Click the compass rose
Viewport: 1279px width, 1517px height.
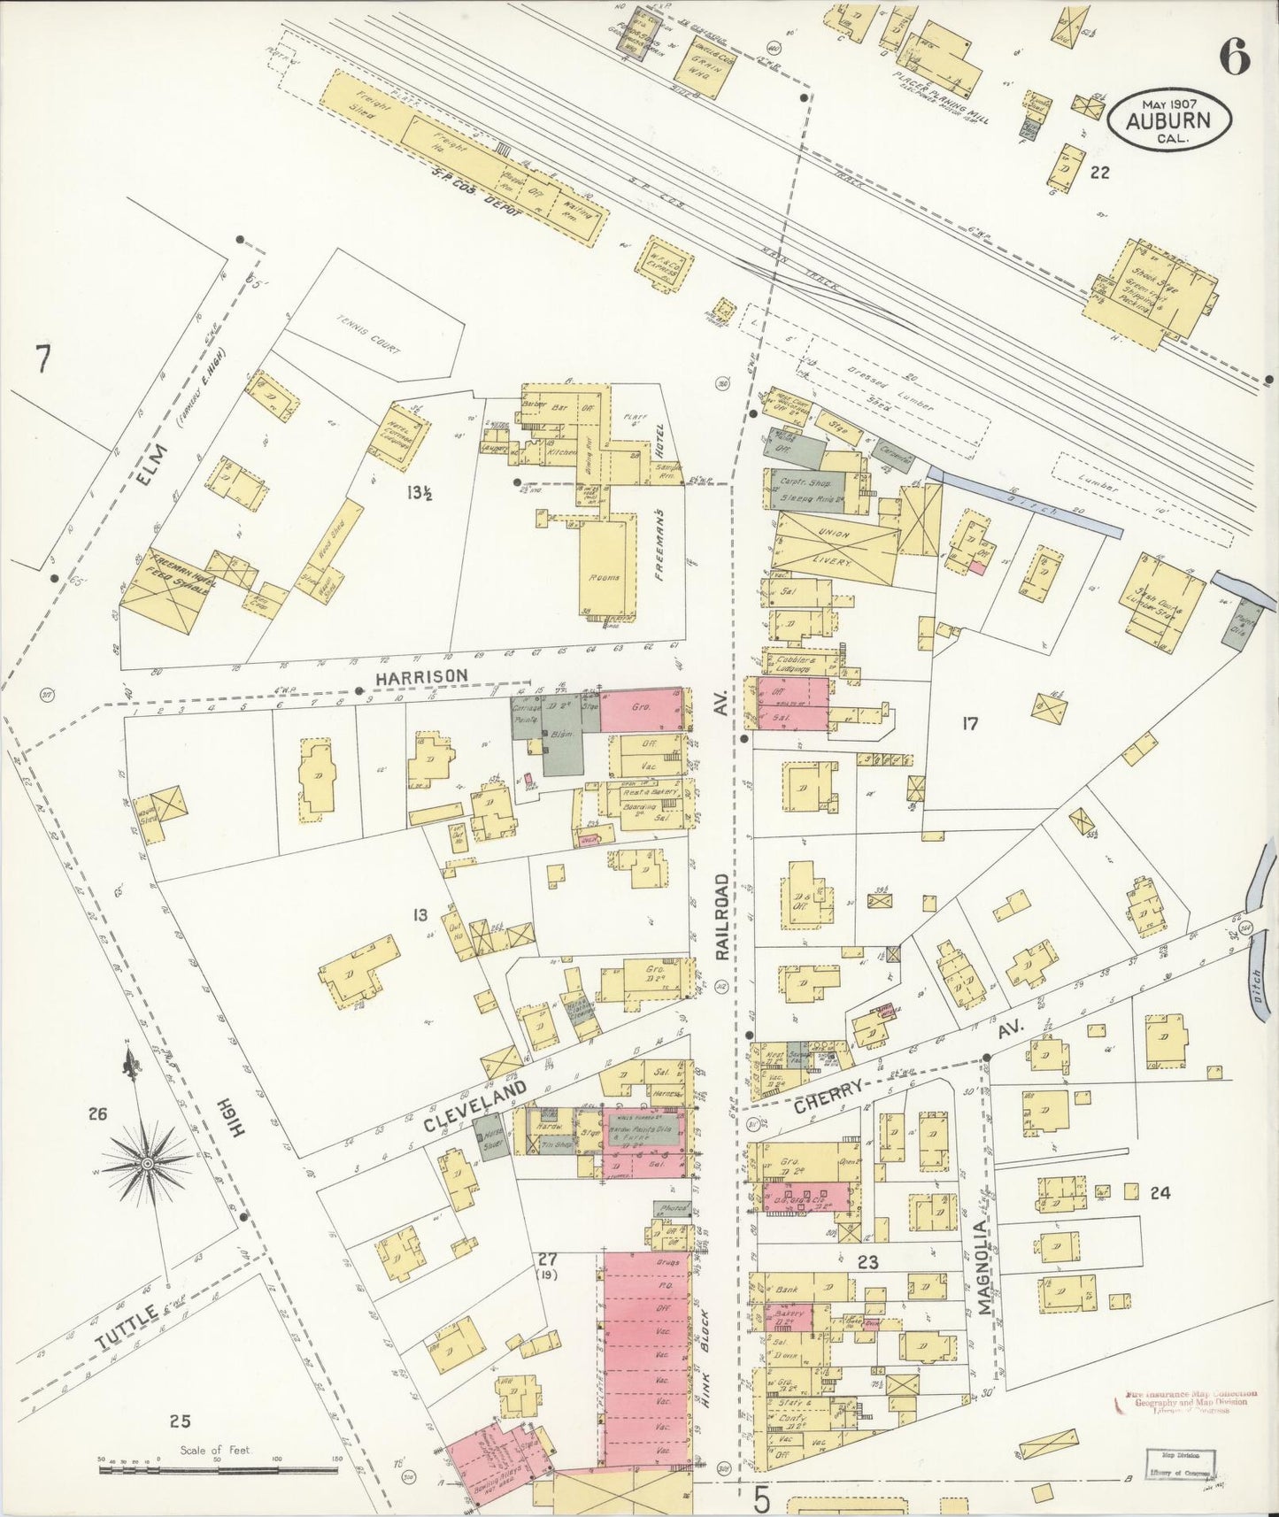[x=148, y=1159]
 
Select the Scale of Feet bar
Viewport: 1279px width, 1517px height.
[x=218, y=1470]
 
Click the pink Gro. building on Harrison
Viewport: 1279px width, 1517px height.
[x=643, y=710]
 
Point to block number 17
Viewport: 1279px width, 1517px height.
[x=970, y=724]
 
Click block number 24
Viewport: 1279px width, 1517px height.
[x=1160, y=1193]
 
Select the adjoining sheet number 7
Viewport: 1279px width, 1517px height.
[x=41, y=359]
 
